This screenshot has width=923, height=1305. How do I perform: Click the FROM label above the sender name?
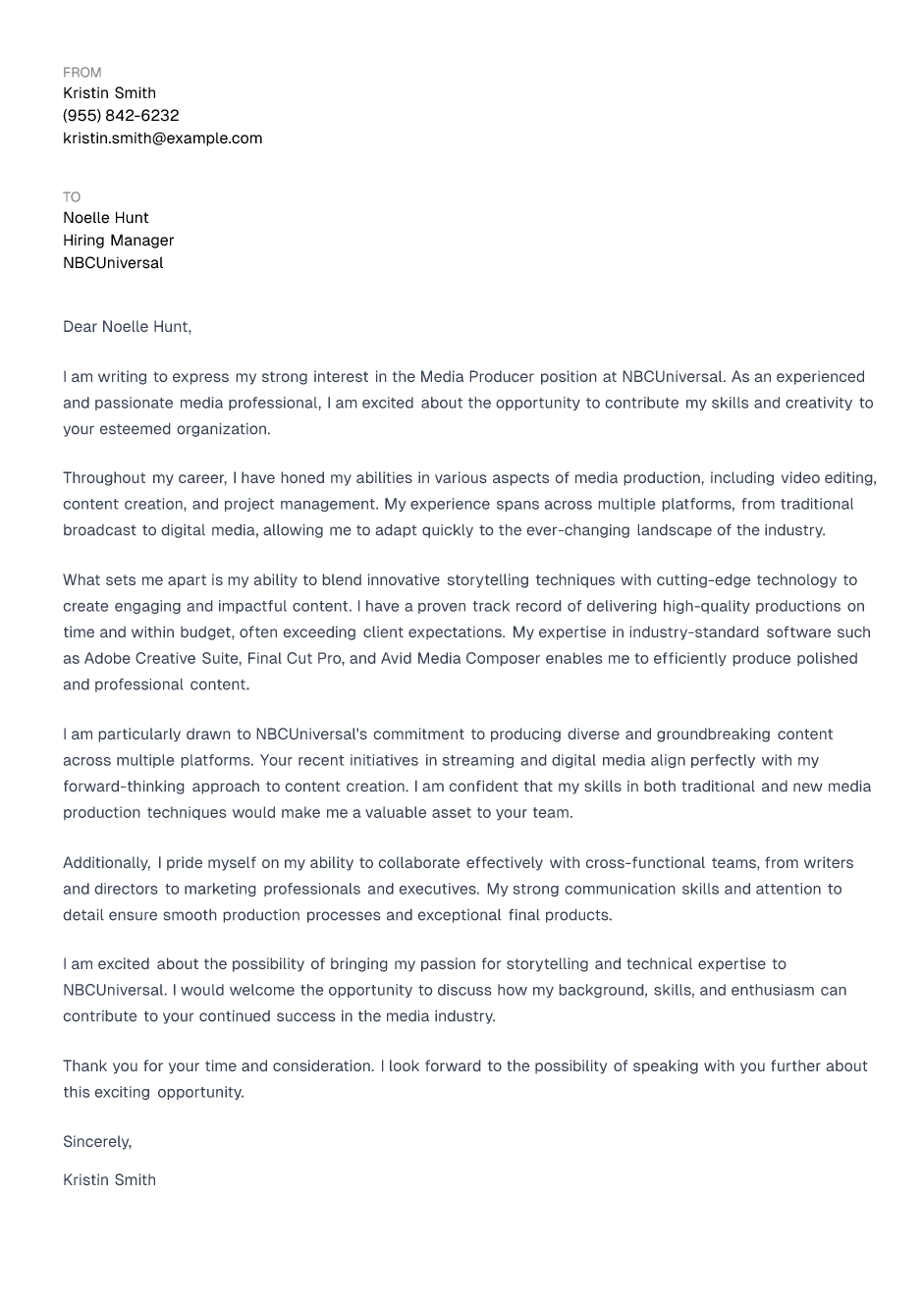(81, 73)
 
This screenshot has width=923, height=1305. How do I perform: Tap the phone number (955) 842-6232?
(121, 116)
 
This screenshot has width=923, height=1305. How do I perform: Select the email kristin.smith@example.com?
(162, 138)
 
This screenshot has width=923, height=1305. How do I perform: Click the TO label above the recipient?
(72, 197)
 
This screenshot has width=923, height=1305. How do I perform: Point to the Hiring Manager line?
(118, 241)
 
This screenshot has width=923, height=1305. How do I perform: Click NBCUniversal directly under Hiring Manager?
(113, 263)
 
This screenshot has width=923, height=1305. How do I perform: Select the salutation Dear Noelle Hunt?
(127, 327)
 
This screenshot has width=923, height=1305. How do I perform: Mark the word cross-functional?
(645, 863)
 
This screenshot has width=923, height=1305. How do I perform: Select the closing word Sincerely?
(96, 1142)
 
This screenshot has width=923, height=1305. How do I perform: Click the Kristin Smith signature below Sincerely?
(109, 1180)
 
